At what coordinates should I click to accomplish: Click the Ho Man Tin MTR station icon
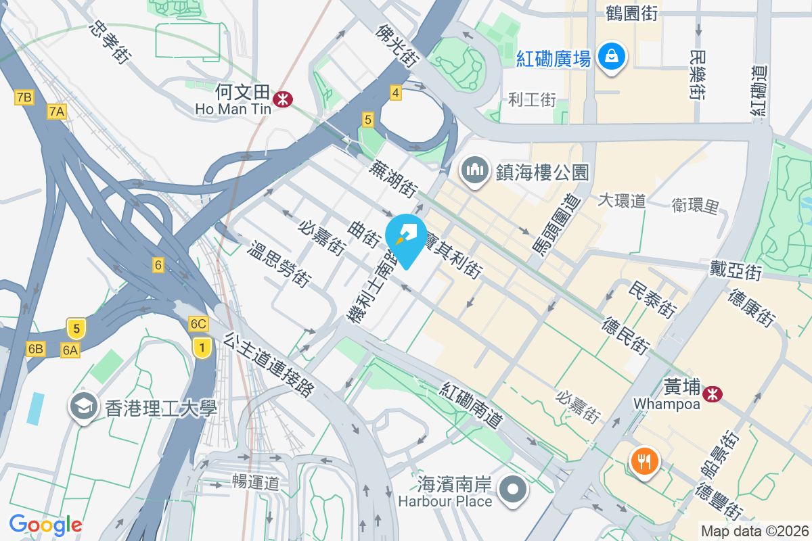(282, 100)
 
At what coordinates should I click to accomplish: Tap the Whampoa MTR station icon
(712, 393)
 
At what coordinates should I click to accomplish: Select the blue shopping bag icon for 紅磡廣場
(612, 56)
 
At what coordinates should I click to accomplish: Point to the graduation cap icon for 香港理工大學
(84, 407)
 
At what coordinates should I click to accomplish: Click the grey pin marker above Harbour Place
(512, 488)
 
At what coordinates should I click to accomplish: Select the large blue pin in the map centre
(406, 238)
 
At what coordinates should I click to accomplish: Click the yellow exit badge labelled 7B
(24, 98)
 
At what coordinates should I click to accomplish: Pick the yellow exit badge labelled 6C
(198, 324)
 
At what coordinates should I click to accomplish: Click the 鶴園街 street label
(632, 12)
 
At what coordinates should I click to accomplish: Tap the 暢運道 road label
(255, 483)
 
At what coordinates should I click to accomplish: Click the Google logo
(45, 524)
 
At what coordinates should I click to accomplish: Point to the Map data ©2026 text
(754, 531)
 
